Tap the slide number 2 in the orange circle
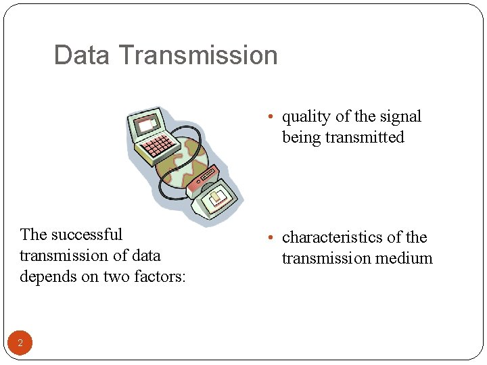(20, 343)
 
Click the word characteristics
(332, 237)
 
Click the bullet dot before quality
(270, 117)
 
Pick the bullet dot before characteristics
(270, 238)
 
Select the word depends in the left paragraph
(47, 276)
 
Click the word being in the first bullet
(302, 137)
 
